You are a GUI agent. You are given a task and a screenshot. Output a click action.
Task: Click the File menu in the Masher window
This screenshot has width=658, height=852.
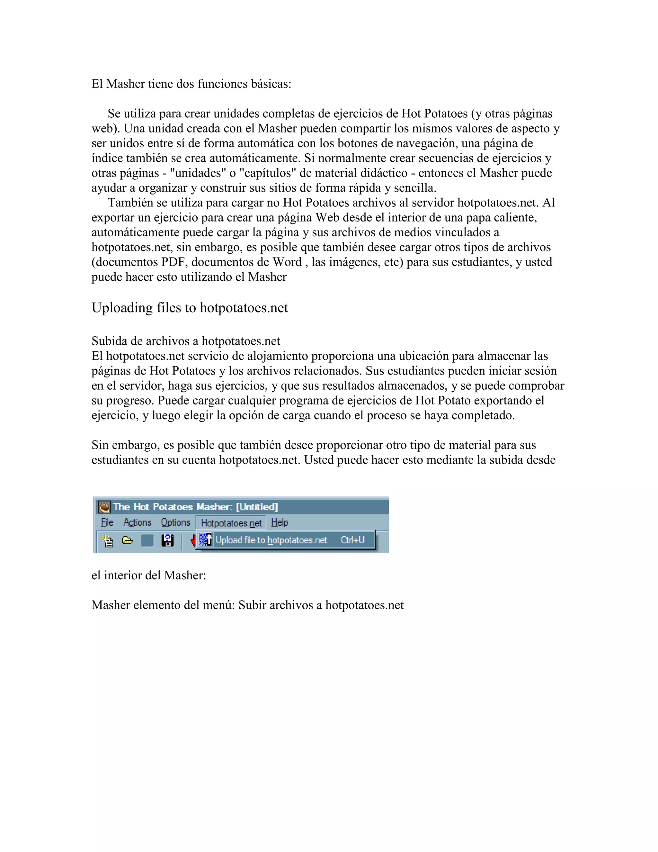(x=107, y=522)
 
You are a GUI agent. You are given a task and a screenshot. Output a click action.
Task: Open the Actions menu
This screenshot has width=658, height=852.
(x=137, y=522)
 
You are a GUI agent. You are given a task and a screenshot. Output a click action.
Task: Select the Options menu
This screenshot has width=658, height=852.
(x=175, y=522)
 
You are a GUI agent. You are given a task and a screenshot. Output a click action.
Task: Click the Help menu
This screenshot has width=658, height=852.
(x=280, y=522)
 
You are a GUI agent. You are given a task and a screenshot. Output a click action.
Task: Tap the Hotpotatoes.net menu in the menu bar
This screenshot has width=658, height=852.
(x=231, y=523)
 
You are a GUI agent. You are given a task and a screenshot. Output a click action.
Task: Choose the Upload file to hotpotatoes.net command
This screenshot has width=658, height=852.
(x=271, y=540)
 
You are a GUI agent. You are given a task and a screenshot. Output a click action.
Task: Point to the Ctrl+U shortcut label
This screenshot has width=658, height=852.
(x=352, y=540)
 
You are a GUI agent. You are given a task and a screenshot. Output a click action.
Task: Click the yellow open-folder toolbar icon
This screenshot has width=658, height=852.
(x=128, y=541)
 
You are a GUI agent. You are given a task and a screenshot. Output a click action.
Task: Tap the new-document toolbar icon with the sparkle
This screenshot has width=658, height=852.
(x=107, y=541)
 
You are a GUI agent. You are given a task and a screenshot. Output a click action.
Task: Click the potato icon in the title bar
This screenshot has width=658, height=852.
(x=104, y=507)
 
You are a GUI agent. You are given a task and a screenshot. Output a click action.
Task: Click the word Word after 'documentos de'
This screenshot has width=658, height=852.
(x=287, y=262)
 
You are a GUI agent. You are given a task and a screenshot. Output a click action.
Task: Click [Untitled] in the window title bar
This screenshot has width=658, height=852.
(x=257, y=507)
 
